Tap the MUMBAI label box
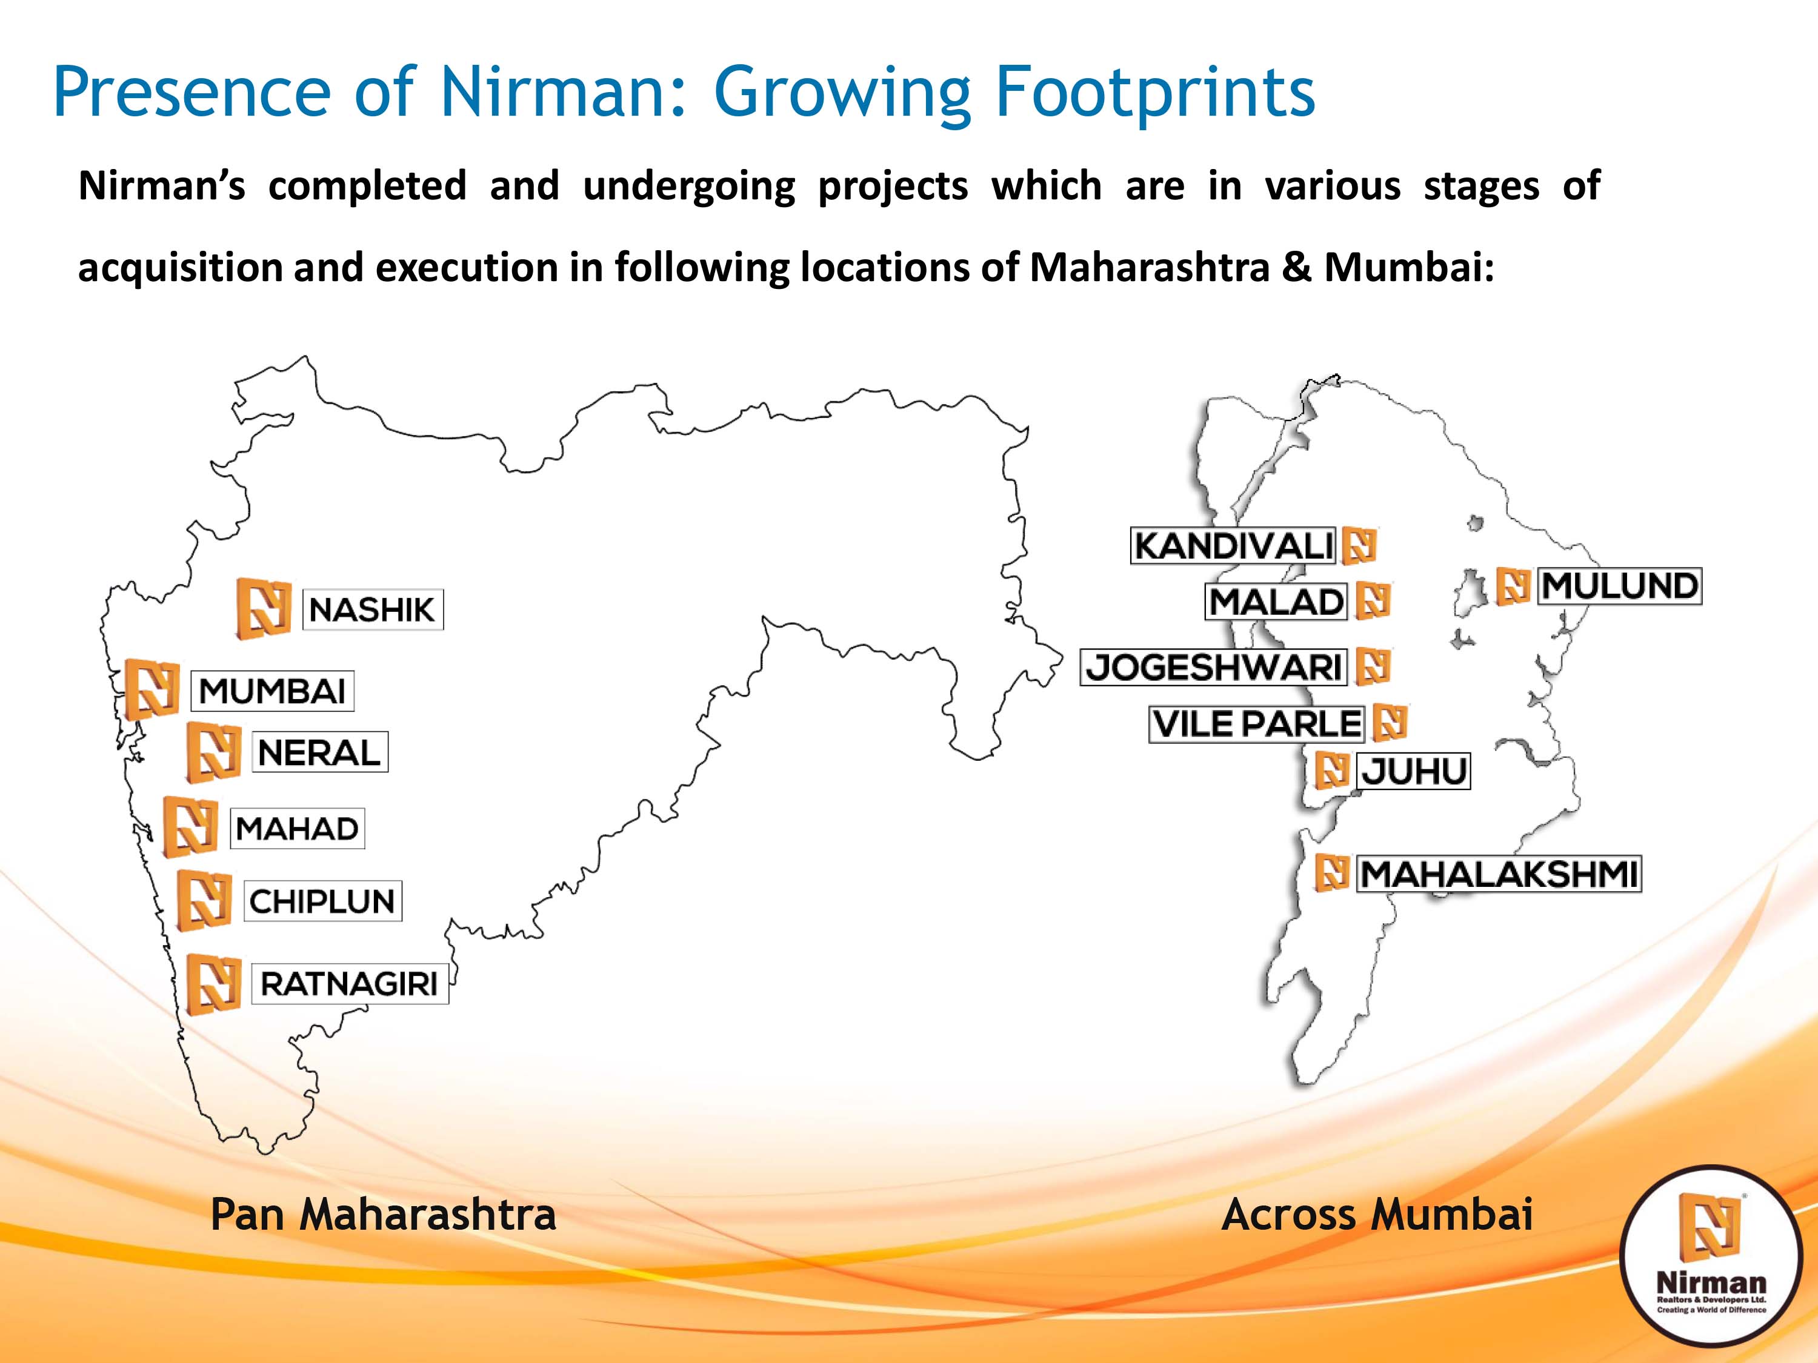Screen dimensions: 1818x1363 pos(272,690)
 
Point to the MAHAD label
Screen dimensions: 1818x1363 pos(297,828)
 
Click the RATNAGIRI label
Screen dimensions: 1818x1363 pos(349,983)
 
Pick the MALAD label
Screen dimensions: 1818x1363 pos(1276,602)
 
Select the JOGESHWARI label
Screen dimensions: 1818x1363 pos(1214,666)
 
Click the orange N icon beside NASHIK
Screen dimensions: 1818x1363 pos(264,608)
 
